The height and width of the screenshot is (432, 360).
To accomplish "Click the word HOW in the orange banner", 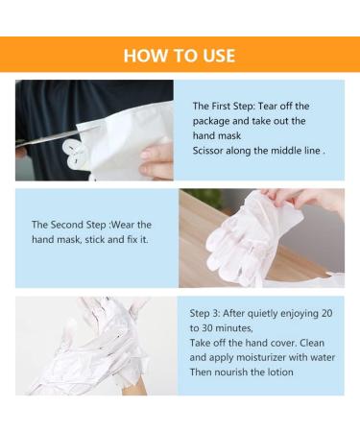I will pyautogui.click(x=144, y=56).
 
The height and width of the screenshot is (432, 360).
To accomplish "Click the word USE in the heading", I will pyautogui.click(x=215, y=56).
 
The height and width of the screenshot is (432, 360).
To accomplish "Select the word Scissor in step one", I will pyautogui.click(x=211, y=151).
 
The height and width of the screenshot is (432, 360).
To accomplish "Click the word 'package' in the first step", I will pyautogui.click(x=216, y=121).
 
